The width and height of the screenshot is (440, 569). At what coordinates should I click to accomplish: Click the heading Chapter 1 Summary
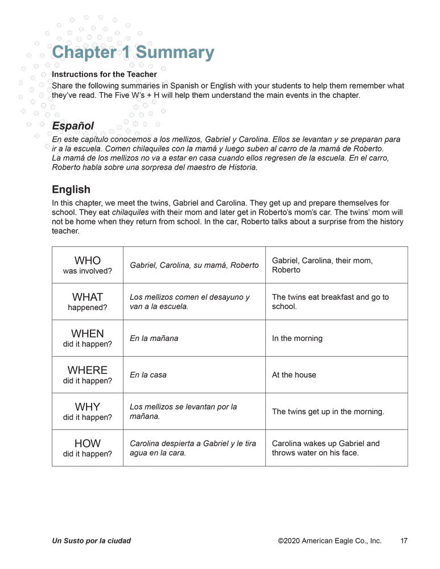(x=133, y=52)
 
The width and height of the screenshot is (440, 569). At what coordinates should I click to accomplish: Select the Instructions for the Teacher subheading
(x=104, y=74)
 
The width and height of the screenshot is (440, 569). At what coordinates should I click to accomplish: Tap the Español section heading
(x=73, y=125)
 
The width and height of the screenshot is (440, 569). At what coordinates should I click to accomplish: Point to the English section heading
(x=71, y=189)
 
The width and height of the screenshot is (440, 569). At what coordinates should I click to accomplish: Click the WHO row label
(x=87, y=265)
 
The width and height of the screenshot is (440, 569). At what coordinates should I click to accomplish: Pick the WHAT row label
(x=87, y=301)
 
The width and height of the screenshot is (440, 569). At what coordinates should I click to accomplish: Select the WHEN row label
(x=87, y=337)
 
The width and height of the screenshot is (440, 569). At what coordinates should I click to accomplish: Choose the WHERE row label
(x=87, y=374)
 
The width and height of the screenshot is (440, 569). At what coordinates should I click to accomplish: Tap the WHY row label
(x=87, y=411)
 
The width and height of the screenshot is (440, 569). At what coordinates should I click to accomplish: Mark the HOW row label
(x=87, y=447)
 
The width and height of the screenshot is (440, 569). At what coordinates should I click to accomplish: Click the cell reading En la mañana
(x=154, y=338)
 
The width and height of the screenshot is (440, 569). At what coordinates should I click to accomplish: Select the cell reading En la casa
(x=148, y=375)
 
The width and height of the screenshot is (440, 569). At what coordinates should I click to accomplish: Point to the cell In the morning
(x=297, y=338)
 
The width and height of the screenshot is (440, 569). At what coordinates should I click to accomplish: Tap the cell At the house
(x=294, y=375)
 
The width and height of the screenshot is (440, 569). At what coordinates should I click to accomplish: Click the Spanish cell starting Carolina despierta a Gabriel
(x=193, y=448)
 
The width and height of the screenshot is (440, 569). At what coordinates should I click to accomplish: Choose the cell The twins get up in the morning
(x=328, y=411)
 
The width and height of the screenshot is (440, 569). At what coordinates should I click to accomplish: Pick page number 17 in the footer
(x=404, y=541)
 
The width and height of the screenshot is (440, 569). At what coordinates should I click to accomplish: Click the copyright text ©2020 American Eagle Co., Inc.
(x=330, y=541)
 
